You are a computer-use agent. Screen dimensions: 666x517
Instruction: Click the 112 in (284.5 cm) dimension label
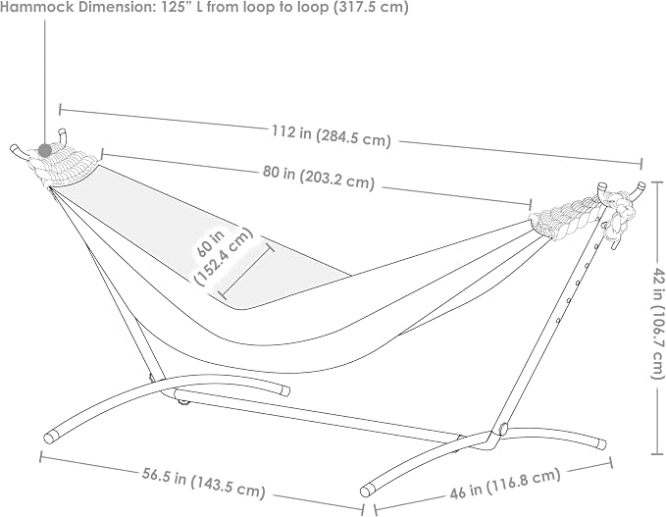(331, 136)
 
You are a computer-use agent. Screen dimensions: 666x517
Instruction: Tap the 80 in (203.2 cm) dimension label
(318, 178)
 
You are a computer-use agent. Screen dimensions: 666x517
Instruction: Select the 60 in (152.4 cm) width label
(222, 256)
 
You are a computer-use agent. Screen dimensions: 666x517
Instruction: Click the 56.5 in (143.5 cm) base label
(203, 484)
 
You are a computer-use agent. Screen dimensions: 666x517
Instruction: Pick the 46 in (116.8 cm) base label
(505, 484)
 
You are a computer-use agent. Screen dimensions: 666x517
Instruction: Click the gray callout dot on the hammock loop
(44, 149)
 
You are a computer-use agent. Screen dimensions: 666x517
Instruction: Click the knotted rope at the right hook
(618, 216)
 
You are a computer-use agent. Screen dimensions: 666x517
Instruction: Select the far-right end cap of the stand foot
(602, 444)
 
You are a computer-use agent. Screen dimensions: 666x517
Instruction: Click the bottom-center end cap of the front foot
(366, 491)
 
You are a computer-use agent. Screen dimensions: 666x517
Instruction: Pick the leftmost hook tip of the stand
(14, 149)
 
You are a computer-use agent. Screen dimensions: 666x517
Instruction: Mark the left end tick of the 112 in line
(60, 109)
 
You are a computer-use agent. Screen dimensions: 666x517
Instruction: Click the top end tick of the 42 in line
(657, 181)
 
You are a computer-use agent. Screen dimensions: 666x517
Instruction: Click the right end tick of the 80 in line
(531, 203)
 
